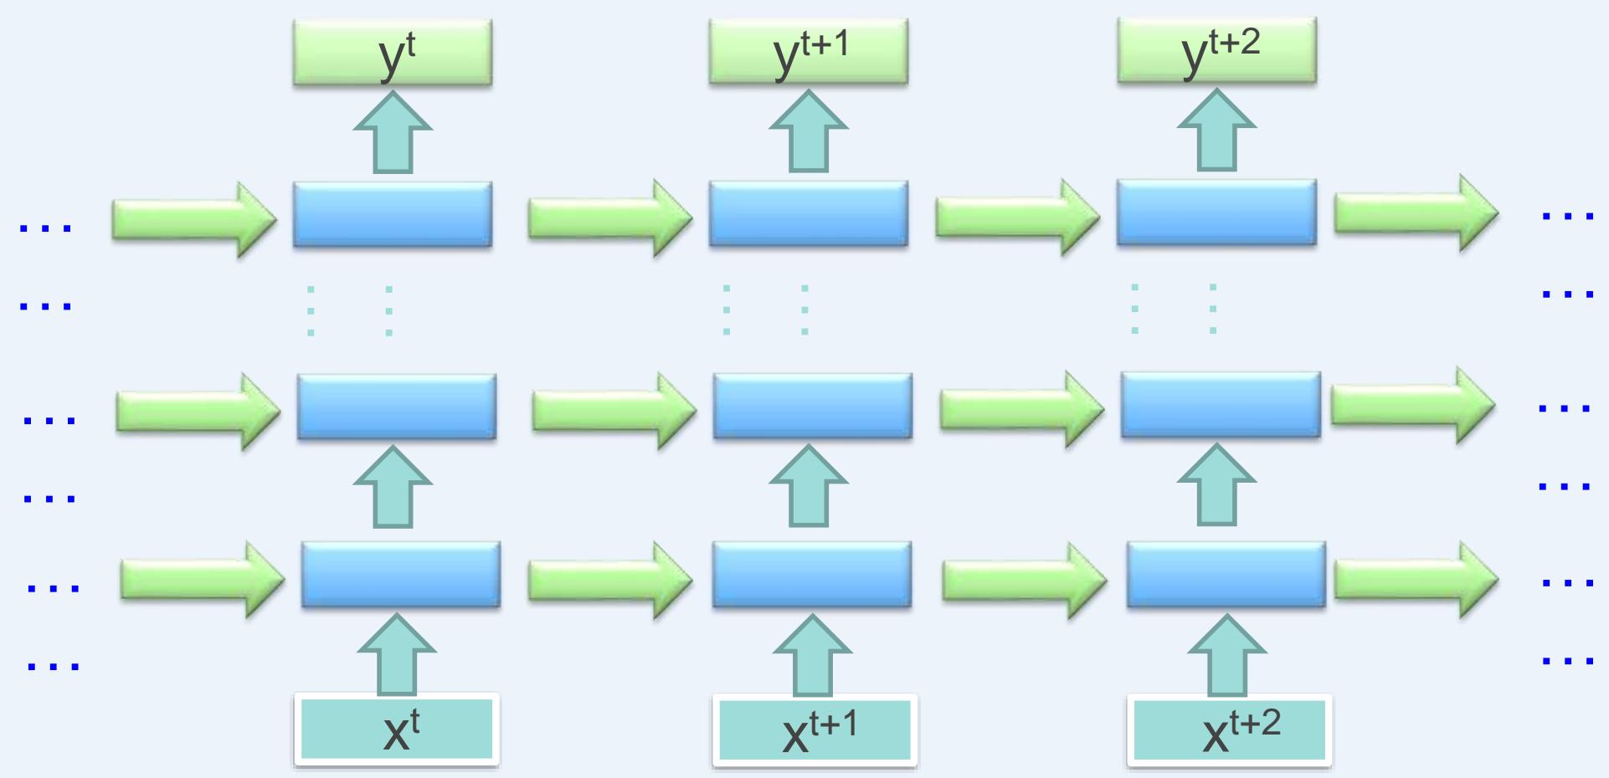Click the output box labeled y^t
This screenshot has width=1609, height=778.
click(x=393, y=53)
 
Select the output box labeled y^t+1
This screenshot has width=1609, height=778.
click(x=809, y=52)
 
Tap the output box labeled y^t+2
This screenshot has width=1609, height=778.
click(x=1216, y=50)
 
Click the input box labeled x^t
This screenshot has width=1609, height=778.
click(x=397, y=730)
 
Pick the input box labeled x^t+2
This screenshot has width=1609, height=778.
click(x=1229, y=730)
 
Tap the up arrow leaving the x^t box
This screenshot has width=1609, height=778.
click(x=397, y=656)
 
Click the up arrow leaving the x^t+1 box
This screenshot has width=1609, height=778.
click(x=813, y=657)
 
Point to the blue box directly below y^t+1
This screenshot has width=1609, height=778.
click(x=809, y=213)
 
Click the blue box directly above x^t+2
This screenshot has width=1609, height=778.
click(x=1226, y=574)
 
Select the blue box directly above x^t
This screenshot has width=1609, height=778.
click(x=401, y=574)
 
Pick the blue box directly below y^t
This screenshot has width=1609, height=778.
click(x=393, y=214)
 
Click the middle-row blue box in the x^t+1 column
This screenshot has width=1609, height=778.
click(x=813, y=406)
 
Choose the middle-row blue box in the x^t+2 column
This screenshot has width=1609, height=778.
click(x=1221, y=405)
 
